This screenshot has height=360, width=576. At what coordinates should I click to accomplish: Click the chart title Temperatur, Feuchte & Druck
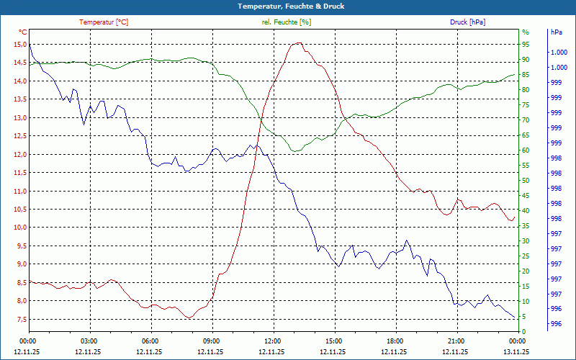[288, 6]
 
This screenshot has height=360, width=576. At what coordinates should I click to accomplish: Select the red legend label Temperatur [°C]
[104, 22]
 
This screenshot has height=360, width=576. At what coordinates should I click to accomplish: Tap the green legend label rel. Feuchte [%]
[287, 22]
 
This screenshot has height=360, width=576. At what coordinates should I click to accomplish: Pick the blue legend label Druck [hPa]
[467, 22]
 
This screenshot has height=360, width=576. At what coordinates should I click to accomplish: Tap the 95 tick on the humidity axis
[526, 45]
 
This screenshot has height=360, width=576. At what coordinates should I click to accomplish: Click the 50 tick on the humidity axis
[526, 181]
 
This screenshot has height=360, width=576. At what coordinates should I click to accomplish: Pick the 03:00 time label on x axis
[89, 341]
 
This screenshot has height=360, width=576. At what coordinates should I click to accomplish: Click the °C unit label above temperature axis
[23, 32]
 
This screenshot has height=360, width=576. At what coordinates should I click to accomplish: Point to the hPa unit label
[557, 32]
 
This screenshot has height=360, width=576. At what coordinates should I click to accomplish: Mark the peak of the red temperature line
[297, 43]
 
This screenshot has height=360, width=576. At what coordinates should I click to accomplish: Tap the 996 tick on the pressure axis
[557, 324]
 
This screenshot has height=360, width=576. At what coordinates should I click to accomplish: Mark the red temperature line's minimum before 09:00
[189, 318]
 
